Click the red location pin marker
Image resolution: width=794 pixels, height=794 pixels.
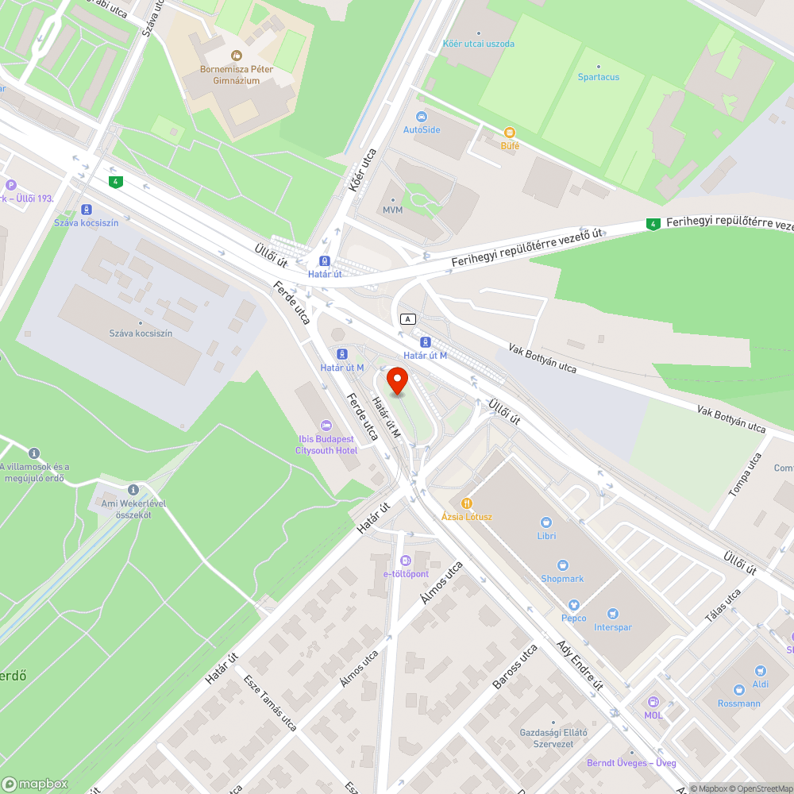click(397, 379)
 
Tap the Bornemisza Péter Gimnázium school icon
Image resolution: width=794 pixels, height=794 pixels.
click(236, 55)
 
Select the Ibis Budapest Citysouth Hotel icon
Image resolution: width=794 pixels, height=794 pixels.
click(325, 426)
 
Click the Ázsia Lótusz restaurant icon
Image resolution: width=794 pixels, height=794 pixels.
click(467, 503)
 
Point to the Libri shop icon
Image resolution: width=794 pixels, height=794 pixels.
click(546, 522)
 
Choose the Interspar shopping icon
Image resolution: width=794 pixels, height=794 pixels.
click(612, 614)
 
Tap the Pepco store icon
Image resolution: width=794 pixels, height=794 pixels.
click(573, 605)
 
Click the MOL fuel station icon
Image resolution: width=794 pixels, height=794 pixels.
click(653, 702)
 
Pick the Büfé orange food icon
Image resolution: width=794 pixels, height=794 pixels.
click(510, 133)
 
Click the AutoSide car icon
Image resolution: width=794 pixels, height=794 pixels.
click(421, 116)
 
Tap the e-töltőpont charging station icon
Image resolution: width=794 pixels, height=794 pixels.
click(406, 561)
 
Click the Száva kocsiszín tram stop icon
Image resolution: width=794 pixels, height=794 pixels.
click(86, 210)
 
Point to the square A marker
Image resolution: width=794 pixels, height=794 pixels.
click(408, 318)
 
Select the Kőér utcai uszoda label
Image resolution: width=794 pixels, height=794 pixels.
click(478, 44)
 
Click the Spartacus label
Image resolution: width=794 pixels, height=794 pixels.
click(599, 77)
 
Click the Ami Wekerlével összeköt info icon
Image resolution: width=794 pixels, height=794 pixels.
click(133, 490)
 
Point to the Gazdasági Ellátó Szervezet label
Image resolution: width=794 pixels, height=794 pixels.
click(553, 738)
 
